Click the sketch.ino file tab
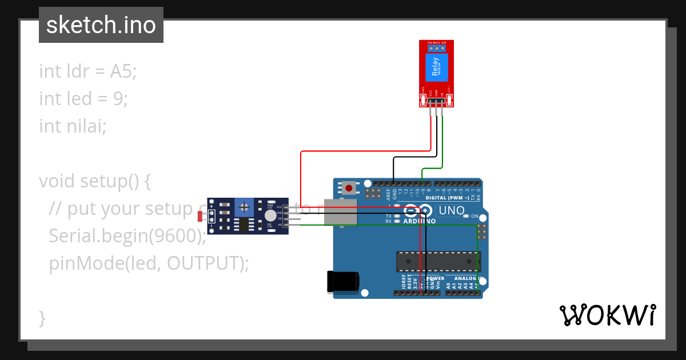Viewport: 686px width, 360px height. (x=101, y=25)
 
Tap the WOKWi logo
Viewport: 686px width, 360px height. (x=607, y=315)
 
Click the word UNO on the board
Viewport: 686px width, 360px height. (x=452, y=211)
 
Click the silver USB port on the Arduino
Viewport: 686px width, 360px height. (x=341, y=212)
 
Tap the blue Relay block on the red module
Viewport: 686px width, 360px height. (x=436, y=68)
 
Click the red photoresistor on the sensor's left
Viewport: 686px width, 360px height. (x=201, y=217)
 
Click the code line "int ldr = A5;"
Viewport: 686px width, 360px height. (x=88, y=71)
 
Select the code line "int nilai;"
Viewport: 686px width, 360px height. (x=73, y=126)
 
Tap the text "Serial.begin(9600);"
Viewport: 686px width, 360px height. (x=127, y=235)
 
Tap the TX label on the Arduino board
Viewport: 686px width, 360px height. (x=389, y=216)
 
